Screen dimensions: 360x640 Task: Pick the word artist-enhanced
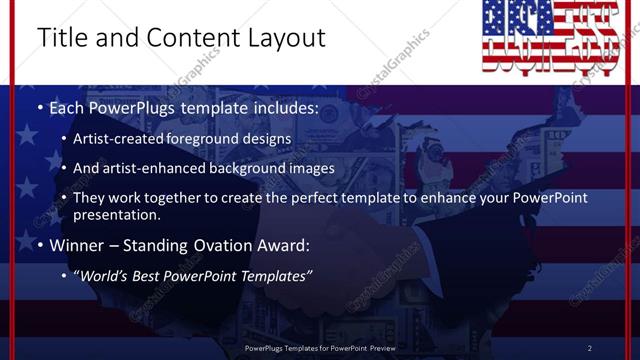point(168,168)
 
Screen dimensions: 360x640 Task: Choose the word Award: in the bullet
point(283,244)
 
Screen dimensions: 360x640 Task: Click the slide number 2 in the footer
point(590,348)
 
